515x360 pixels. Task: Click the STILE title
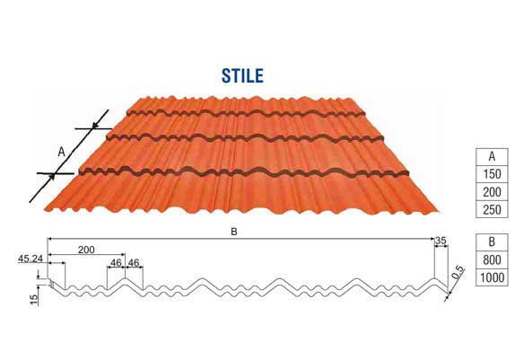tap(242, 75)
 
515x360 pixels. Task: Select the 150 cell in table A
tap(492, 174)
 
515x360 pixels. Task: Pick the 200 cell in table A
tap(492, 192)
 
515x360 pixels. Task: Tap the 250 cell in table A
tap(492, 209)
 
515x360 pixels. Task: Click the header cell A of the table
tap(492, 157)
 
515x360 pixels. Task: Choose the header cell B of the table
tap(492, 242)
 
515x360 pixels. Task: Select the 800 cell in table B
tap(492, 260)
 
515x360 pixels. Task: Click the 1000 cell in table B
tap(492, 277)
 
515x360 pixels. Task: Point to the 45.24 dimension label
tap(31, 259)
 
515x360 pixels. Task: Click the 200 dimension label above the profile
tap(86, 250)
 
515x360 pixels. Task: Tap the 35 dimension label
tap(441, 241)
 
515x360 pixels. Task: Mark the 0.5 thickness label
tap(458, 272)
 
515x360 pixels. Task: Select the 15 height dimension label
tap(34, 299)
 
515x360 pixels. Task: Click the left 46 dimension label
tap(116, 263)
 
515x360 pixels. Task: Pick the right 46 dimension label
tap(134, 263)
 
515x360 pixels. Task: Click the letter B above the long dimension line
tap(233, 232)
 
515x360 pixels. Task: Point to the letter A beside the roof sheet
tap(61, 152)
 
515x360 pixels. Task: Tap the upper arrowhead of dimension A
tap(95, 126)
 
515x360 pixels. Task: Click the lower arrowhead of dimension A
tap(51, 177)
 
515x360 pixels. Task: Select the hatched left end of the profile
tap(51, 283)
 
